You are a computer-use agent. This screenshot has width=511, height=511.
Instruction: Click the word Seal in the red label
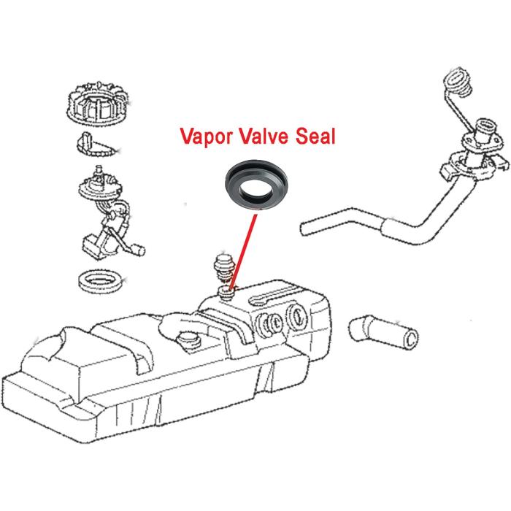tap(315, 136)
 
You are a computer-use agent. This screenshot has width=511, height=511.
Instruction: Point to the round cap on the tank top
tap(188, 341)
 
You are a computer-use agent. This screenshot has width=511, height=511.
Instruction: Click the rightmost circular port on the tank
tap(298, 314)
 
